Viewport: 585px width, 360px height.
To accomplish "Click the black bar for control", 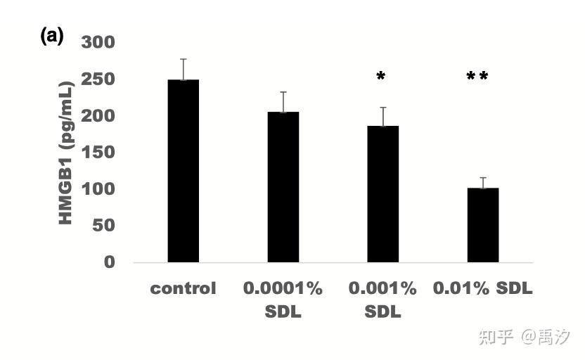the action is tap(184, 171).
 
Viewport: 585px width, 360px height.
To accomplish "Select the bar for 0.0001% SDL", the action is tap(283, 187).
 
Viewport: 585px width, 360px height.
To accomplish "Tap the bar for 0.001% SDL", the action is tap(382, 194).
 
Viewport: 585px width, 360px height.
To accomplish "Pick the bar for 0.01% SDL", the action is tap(483, 225).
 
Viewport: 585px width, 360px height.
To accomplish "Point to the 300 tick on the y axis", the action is tap(98, 42).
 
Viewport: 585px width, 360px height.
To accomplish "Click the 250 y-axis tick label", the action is tap(98, 79).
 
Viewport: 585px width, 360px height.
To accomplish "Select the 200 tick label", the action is tap(98, 115).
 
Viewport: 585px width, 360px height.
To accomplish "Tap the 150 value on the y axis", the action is tap(98, 152).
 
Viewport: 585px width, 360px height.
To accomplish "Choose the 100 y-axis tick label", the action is tap(98, 188).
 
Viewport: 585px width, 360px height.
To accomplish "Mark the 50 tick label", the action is tap(104, 225).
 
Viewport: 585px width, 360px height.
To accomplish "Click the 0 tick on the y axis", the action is tap(110, 262).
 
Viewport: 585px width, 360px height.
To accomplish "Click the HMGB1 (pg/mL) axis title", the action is tap(66, 153).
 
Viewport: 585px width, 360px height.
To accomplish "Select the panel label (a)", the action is tap(52, 36).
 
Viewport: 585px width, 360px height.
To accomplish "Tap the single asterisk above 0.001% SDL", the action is tap(380, 77).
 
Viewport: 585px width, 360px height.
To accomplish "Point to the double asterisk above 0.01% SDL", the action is tap(477, 77).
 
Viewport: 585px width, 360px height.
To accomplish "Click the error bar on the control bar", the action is tap(184, 70).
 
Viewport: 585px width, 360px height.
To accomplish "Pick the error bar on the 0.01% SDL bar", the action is tap(483, 183).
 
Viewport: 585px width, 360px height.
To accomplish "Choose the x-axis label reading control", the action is tap(184, 288).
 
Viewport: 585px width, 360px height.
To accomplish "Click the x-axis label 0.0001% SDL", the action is tap(283, 300).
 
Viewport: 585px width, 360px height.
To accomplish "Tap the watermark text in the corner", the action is tap(525, 337).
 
